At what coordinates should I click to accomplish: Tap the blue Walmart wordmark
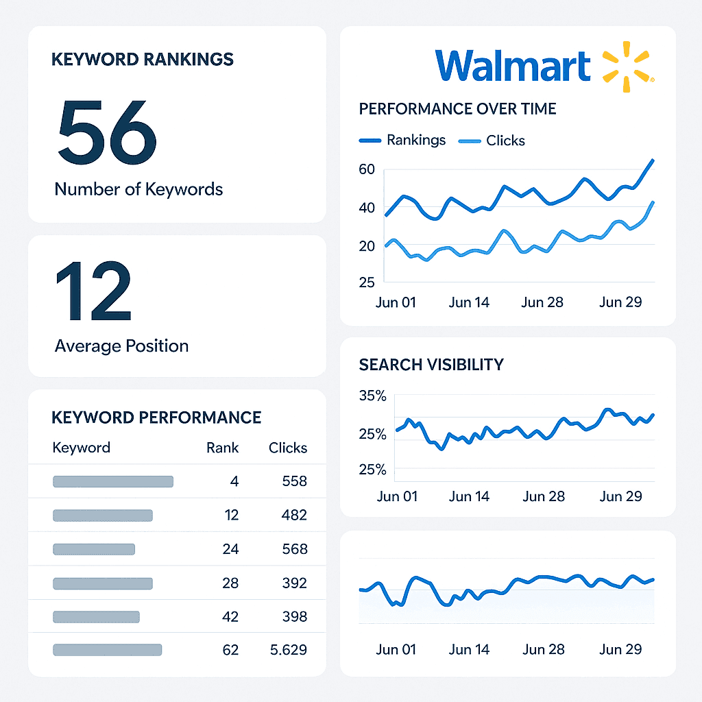tap(513, 66)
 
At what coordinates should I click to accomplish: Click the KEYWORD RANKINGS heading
tap(143, 60)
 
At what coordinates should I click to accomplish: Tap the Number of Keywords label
tap(138, 189)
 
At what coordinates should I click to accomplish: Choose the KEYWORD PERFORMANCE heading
tap(156, 417)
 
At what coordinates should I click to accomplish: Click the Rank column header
tap(222, 448)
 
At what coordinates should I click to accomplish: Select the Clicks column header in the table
tap(288, 448)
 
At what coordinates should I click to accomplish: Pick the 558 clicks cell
tap(294, 482)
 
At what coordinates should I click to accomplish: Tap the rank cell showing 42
tap(230, 617)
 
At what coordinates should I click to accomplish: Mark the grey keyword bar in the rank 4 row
tap(113, 482)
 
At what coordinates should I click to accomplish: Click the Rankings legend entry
tap(402, 141)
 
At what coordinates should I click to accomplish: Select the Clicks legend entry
tap(492, 141)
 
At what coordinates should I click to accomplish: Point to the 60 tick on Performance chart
tap(367, 169)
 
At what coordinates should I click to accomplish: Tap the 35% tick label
tap(372, 396)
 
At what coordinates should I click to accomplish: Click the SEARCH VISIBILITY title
tap(431, 365)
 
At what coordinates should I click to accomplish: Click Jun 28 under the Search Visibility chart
tap(542, 496)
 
